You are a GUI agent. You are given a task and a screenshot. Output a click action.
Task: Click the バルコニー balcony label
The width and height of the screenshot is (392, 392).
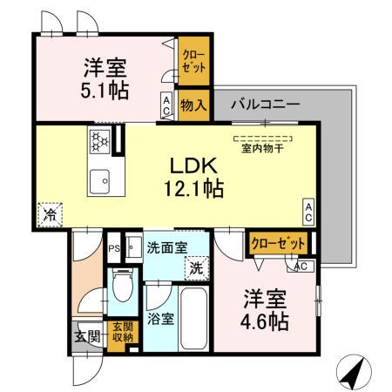pyautogui.click(x=265, y=105)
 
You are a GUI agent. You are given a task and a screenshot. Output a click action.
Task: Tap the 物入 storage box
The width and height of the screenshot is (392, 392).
pyautogui.click(x=193, y=106)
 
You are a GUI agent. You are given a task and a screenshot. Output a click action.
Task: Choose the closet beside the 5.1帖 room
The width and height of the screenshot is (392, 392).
pyautogui.click(x=193, y=63)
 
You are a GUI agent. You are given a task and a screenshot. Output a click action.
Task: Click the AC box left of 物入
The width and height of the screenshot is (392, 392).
pyautogui.click(x=166, y=105)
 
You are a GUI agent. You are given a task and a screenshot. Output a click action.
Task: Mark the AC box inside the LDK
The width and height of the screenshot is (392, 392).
pyautogui.click(x=308, y=209)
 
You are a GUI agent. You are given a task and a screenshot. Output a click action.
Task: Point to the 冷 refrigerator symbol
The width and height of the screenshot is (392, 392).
pyautogui.click(x=51, y=212)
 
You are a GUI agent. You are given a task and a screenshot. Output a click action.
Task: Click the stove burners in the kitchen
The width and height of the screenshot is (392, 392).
pyautogui.click(x=99, y=140)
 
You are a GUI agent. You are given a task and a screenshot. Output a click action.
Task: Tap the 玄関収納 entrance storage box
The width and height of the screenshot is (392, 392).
pyautogui.click(x=122, y=332)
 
